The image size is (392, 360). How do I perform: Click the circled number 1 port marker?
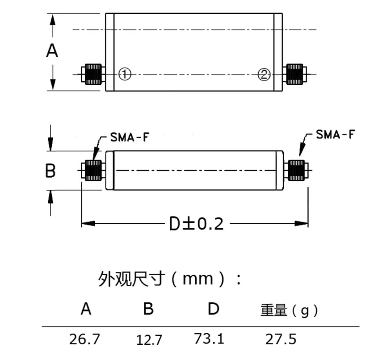(124, 74)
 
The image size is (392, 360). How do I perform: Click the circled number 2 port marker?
(264, 74)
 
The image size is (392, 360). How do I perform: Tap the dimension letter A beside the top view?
(52, 51)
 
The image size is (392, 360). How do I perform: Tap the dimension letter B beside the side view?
(50, 171)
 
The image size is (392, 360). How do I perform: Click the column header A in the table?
(86, 310)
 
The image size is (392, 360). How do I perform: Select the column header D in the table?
(213, 309)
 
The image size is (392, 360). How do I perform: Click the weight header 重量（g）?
(289, 311)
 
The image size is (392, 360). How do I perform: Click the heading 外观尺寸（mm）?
(169, 279)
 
